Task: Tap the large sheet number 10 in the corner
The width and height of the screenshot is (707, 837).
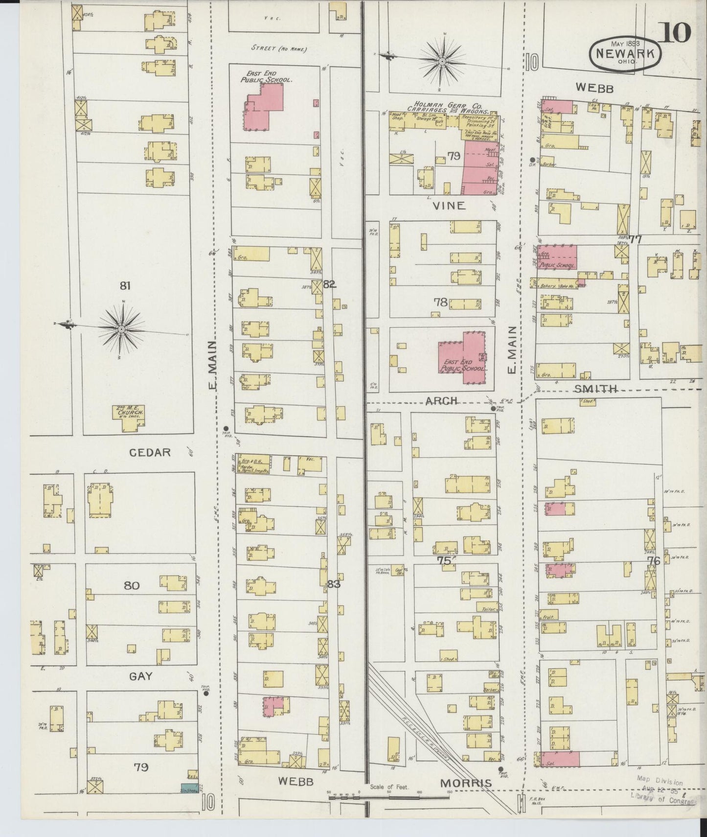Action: click(x=677, y=33)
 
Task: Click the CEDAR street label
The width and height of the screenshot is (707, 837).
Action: click(x=150, y=453)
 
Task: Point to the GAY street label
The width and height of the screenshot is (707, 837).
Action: click(x=141, y=676)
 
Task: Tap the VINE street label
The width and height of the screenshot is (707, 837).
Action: click(x=449, y=206)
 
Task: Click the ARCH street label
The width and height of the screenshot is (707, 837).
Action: click(x=441, y=400)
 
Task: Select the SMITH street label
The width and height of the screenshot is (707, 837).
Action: click(x=595, y=389)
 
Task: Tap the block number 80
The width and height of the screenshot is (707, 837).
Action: click(x=131, y=585)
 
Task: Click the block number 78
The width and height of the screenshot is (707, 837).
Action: click(x=440, y=302)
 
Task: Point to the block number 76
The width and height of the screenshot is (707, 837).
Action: click(x=654, y=561)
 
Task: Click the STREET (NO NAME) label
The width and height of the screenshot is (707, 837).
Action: click(x=279, y=49)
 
